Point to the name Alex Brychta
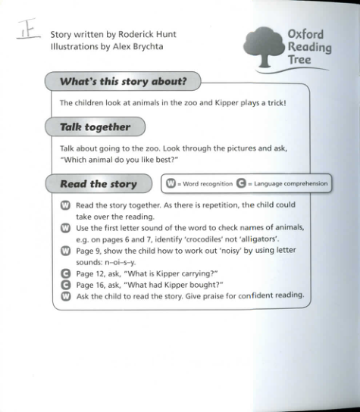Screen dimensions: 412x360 tap(135, 46)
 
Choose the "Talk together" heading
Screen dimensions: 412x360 tap(95, 126)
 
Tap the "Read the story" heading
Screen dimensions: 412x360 tap(98, 183)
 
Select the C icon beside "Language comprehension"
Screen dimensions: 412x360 tap(242, 183)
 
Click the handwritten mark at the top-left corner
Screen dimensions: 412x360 tap(30, 30)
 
